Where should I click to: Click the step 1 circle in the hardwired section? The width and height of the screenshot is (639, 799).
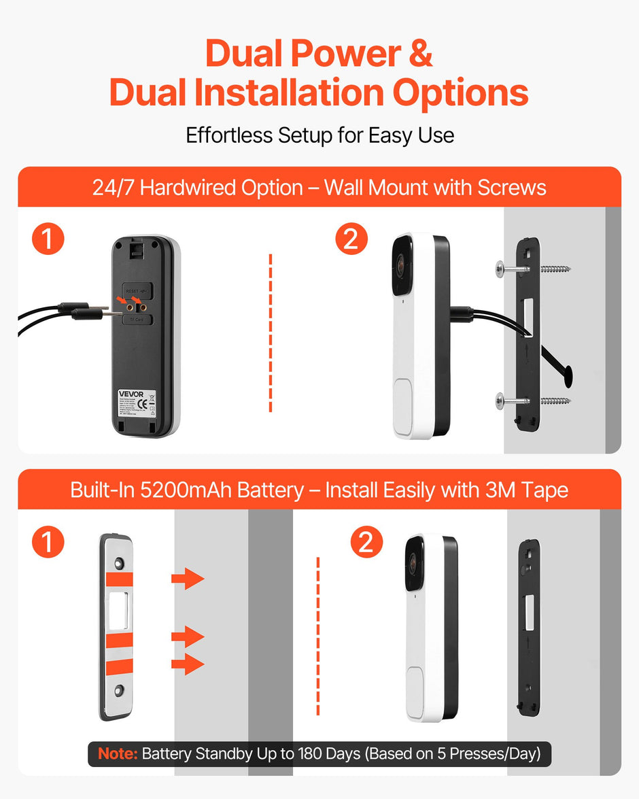point(48,240)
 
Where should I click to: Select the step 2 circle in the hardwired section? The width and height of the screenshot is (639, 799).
point(351,240)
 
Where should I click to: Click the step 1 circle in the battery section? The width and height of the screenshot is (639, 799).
point(48,542)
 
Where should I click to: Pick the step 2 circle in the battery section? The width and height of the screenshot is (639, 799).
point(366,542)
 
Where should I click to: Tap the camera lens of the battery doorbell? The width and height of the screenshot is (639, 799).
point(415,562)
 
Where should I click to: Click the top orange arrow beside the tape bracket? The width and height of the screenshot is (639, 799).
point(187,579)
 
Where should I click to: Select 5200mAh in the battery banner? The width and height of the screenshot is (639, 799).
point(185,490)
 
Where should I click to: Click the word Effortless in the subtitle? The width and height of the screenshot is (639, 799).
point(229,135)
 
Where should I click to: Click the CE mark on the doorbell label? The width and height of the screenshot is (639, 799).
point(143,404)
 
